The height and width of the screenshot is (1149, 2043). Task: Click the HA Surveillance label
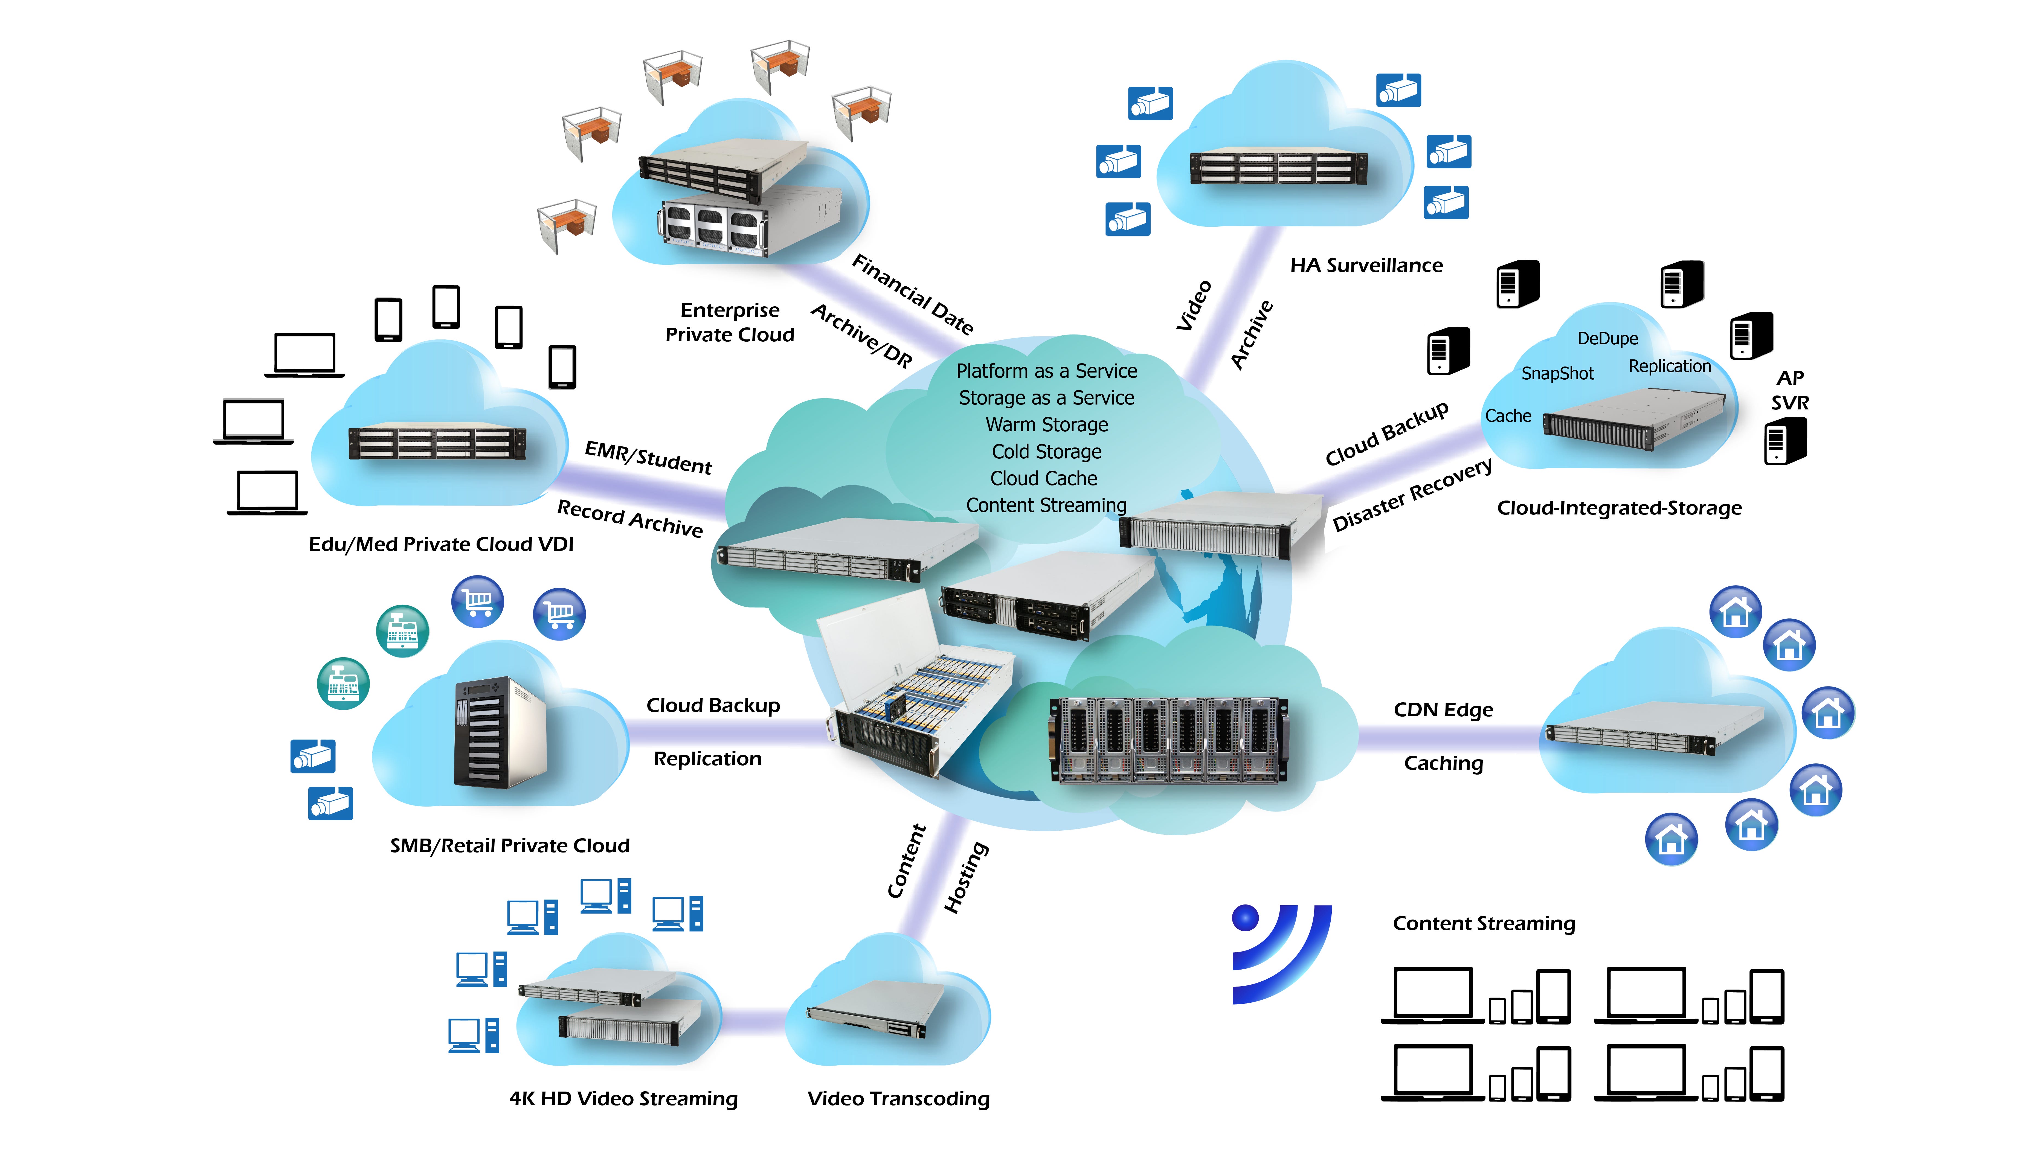1366,265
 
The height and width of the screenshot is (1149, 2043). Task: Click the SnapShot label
1557,374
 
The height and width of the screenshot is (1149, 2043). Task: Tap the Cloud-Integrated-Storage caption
1619,508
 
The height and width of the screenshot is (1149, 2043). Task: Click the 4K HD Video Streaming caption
623,1098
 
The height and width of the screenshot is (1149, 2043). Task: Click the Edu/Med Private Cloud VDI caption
441,544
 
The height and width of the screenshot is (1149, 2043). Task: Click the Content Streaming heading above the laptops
1483,923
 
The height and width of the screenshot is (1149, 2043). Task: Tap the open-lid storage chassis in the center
912,690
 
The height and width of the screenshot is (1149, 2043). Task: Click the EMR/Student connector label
648,458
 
